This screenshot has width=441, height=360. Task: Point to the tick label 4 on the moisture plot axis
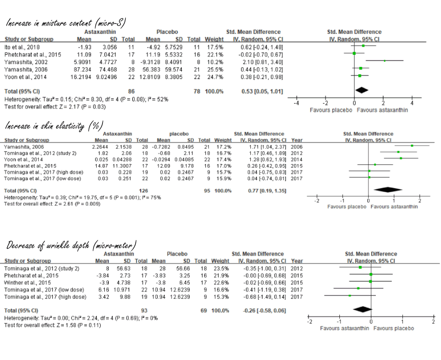(x=412, y=104)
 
